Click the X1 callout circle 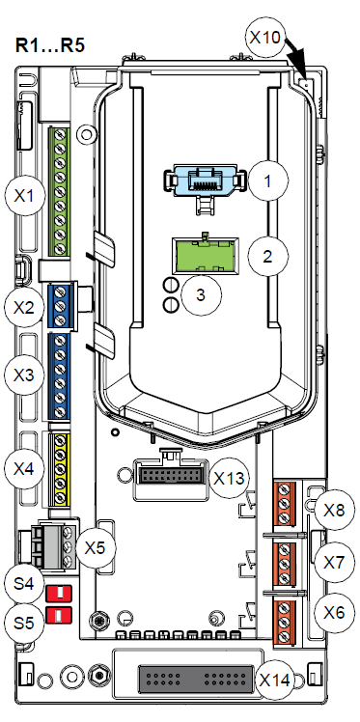coord(25,197)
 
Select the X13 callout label coord(230,479)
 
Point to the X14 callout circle coord(275,680)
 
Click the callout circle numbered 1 coord(267,180)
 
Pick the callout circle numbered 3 coord(201,295)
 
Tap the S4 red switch coord(59,593)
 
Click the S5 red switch coord(59,613)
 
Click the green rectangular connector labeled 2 coord(205,255)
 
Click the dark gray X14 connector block coord(196,680)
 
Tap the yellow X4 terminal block coord(59,470)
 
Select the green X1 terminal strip coord(59,191)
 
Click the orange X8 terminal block coord(285,503)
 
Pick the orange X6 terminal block coord(285,622)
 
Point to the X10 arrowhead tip coord(307,79)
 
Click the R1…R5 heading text coord(50,46)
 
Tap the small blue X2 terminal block coord(59,306)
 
